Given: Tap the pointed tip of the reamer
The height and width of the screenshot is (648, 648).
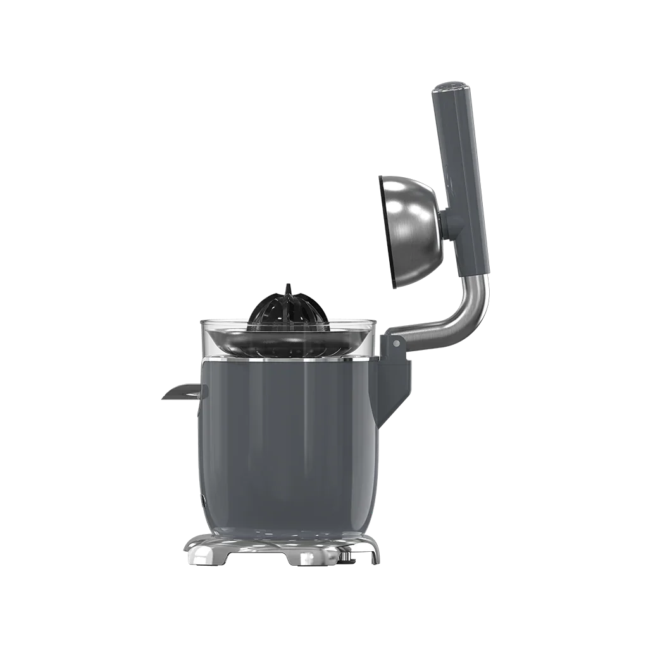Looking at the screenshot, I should [x=288, y=287].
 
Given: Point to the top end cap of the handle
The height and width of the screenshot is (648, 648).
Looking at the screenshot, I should [x=452, y=87].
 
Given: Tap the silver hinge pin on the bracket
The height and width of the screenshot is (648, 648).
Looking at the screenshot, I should [x=396, y=344].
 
